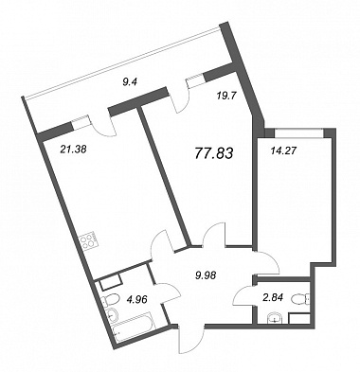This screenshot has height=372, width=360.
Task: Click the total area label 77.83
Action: point(214,153)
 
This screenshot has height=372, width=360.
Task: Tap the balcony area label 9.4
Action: point(129,83)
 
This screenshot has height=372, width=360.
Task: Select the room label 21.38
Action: point(73,149)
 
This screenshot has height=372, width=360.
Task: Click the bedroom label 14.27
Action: point(283,151)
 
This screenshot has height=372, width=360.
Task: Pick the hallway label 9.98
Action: point(206,275)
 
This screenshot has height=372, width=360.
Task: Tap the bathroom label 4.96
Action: point(139,297)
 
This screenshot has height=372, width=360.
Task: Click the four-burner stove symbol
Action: point(88,242)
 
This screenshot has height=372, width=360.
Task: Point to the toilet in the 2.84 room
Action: point(300,299)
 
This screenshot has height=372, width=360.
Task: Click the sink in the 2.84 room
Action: point(276,318)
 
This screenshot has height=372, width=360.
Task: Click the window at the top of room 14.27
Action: point(298,133)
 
